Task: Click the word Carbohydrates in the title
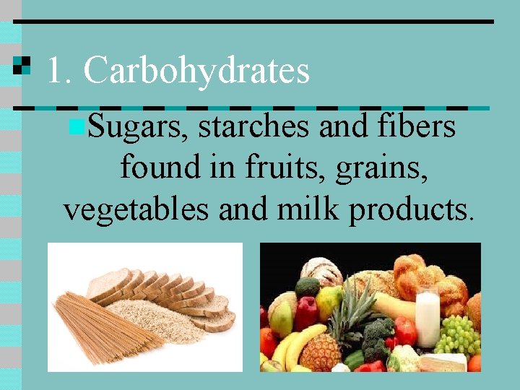(196, 71)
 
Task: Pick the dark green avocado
(307, 287)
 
